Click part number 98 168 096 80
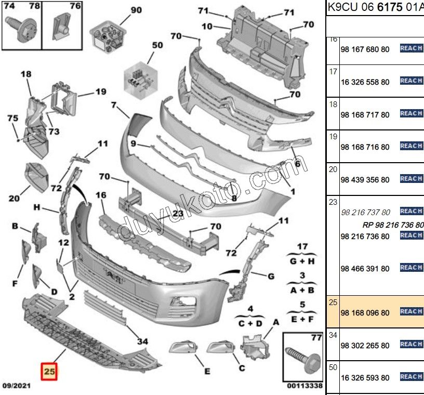(364, 313)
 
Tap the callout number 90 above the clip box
(136, 10)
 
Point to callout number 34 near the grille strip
(142, 341)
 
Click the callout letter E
(206, 371)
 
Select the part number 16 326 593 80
(364, 378)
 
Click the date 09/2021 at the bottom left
(17, 386)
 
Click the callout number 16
(101, 195)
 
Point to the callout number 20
(14, 198)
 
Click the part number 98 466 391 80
(364, 269)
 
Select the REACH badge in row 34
(411, 344)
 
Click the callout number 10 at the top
(206, 26)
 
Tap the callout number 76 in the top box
(75, 6)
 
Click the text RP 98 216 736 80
(393, 225)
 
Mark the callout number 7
(113, 105)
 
